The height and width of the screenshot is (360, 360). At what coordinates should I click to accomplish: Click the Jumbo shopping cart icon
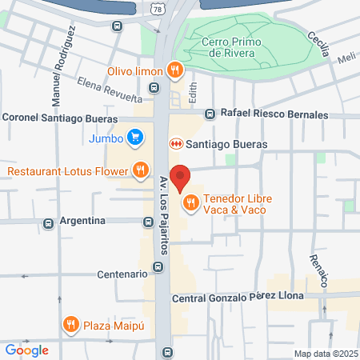coord(135,136)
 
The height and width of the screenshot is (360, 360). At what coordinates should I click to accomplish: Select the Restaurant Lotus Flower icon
coord(141,170)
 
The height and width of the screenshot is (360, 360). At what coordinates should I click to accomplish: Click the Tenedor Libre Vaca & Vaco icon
coord(190,202)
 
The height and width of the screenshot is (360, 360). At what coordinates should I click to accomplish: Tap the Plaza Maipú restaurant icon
coord(72,324)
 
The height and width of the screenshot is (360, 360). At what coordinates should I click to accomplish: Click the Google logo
coord(26,350)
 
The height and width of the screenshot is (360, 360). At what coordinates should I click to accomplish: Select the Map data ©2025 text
coord(326,354)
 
